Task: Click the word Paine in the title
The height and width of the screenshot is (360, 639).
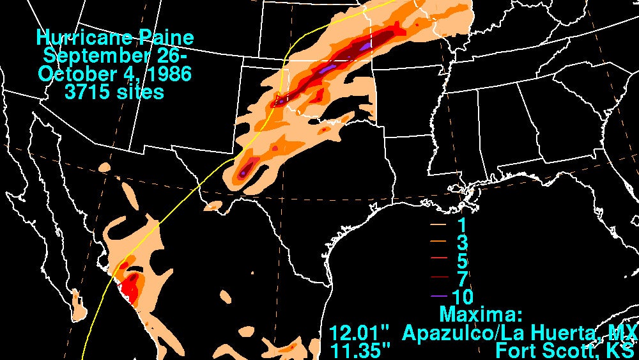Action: click(171, 37)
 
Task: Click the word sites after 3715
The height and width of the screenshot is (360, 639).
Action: click(139, 92)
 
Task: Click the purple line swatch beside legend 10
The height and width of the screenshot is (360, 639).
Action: click(438, 297)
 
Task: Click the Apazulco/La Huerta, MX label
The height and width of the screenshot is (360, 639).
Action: click(520, 333)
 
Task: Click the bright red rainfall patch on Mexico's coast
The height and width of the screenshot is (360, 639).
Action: click(131, 291)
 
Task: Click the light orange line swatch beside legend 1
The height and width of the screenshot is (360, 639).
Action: click(438, 226)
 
